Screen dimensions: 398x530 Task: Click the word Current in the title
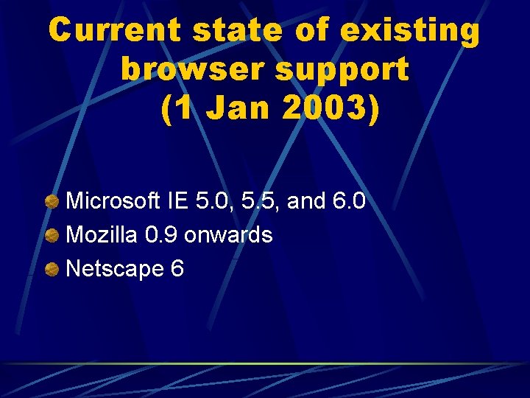click(x=115, y=31)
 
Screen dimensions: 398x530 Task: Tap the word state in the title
click(x=236, y=31)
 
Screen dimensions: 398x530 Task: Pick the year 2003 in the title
click(x=314, y=108)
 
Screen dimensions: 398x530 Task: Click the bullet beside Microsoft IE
click(x=52, y=202)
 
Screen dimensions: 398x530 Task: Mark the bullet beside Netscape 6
click(x=52, y=270)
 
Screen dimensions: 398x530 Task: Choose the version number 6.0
click(x=348, y=201)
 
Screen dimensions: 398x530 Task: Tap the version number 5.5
click(x=257, y=201)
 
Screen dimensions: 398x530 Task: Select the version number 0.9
click(x=161, y=235)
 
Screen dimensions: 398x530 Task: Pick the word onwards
click(x=228, y=235)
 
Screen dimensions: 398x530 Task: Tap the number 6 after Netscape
click(x=177, y=269)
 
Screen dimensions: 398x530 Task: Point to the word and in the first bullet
click(x=304, y=201)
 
